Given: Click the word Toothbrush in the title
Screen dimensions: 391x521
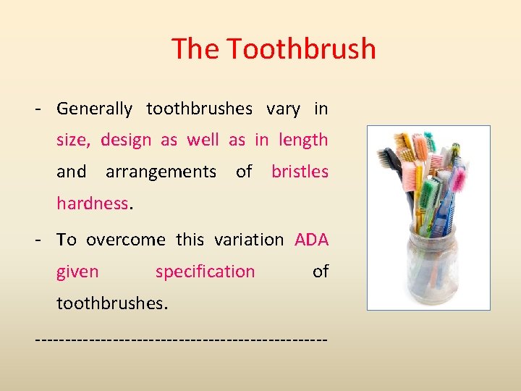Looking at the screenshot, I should [x=301, y=49].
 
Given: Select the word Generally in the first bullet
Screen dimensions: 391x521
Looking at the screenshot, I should [x=94, y=109].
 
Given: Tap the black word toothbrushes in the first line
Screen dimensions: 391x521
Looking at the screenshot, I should [x=199, y=109].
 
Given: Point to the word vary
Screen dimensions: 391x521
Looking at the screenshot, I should [x=283, y=109].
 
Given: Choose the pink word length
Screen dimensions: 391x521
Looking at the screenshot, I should [x=302, y=140].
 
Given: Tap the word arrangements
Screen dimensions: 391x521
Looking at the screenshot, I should [x=161, y=172].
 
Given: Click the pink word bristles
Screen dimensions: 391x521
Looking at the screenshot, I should [x=300, y=172].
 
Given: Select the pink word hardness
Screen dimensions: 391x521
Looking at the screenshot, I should [x=92, y=203].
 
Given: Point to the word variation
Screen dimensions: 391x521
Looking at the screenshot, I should [x=249, y=240].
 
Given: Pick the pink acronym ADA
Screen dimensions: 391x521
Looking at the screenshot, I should [x=311, y=240].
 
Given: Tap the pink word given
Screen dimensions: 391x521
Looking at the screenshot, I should [x=77, y=272].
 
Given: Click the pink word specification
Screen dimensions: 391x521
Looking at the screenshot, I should [x=205, y=272].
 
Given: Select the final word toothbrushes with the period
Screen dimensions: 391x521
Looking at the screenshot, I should [x=112, y=303].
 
